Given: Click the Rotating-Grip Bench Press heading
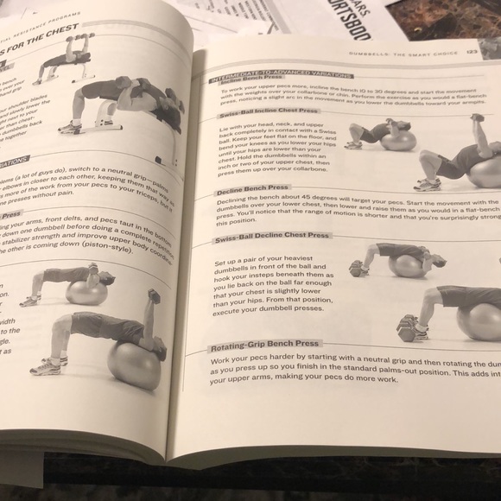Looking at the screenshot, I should pyautogui.click(x=263, y=343).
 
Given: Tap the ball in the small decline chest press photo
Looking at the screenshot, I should pyautogui.click(x=406, y=264).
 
